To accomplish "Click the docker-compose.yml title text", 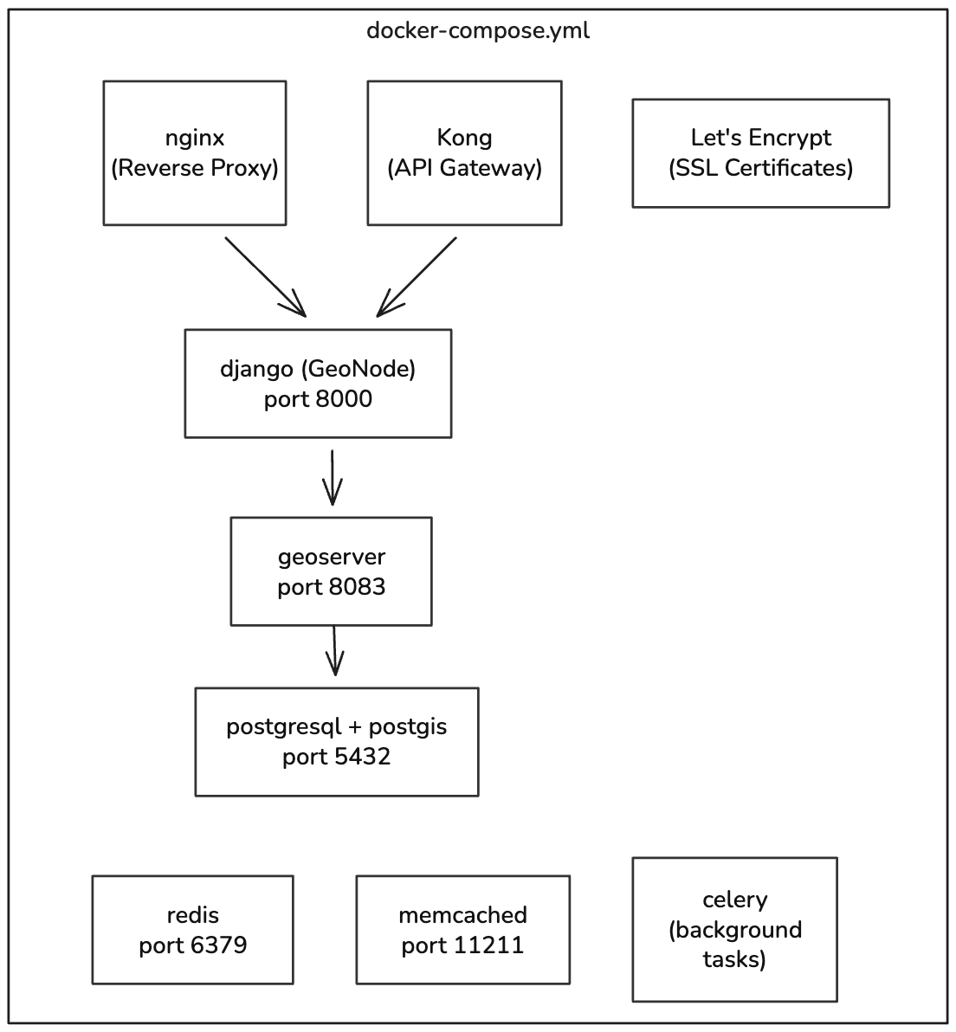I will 478,31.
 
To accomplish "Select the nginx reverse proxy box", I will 195,153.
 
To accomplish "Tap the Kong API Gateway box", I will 464,153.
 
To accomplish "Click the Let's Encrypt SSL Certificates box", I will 760,153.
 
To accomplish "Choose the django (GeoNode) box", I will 318,384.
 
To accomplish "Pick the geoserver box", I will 331,571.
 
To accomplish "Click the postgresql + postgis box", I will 337,742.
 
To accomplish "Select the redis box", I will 192,930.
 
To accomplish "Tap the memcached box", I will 462,930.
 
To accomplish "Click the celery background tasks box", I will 734,930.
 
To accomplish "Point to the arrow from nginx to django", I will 265,276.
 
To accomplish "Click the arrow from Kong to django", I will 417,276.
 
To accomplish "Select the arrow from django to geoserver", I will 333,477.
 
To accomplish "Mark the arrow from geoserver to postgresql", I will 334,650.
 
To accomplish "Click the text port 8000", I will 318,399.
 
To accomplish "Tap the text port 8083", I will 331,587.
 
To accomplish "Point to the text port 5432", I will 336,757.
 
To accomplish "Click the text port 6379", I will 192,945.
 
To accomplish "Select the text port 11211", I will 462,945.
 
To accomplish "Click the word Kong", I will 464,138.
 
